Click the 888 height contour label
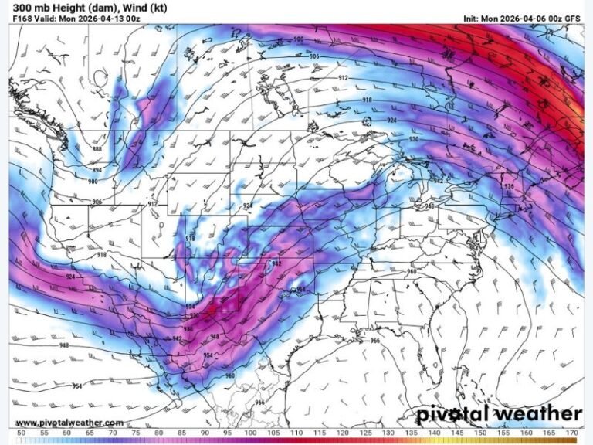(97, 149)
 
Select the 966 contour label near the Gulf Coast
(375, 341)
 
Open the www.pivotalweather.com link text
(69, 423)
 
